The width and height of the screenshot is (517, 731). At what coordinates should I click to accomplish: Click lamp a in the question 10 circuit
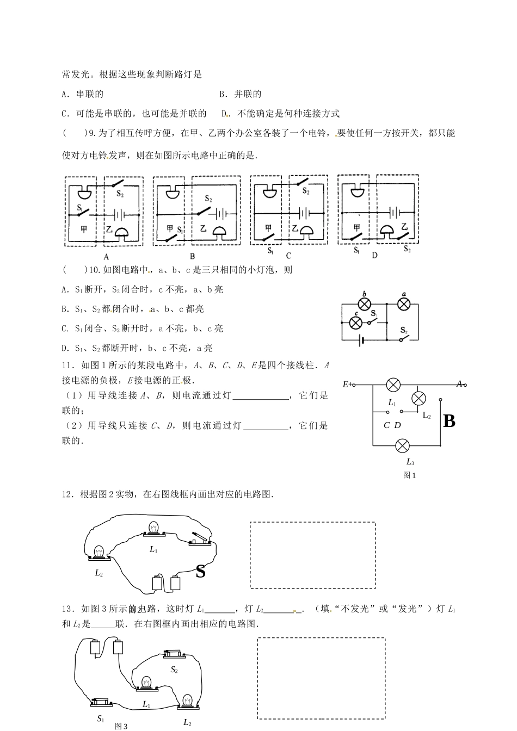403,303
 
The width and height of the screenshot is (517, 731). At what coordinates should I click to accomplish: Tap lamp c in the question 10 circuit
355,323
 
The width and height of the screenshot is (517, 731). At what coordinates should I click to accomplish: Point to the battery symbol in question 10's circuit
360,340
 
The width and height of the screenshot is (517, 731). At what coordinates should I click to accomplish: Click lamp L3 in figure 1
402,446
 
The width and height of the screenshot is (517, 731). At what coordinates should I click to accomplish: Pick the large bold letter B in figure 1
449,421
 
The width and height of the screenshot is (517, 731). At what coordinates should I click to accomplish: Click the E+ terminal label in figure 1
347,385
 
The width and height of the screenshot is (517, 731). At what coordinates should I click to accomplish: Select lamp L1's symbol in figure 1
393,385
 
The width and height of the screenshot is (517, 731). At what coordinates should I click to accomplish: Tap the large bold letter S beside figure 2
200,571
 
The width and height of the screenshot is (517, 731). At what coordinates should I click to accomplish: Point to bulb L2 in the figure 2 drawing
100,553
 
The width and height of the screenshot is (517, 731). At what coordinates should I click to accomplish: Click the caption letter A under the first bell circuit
106,257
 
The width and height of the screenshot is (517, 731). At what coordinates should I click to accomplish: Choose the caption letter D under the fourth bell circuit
374,255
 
